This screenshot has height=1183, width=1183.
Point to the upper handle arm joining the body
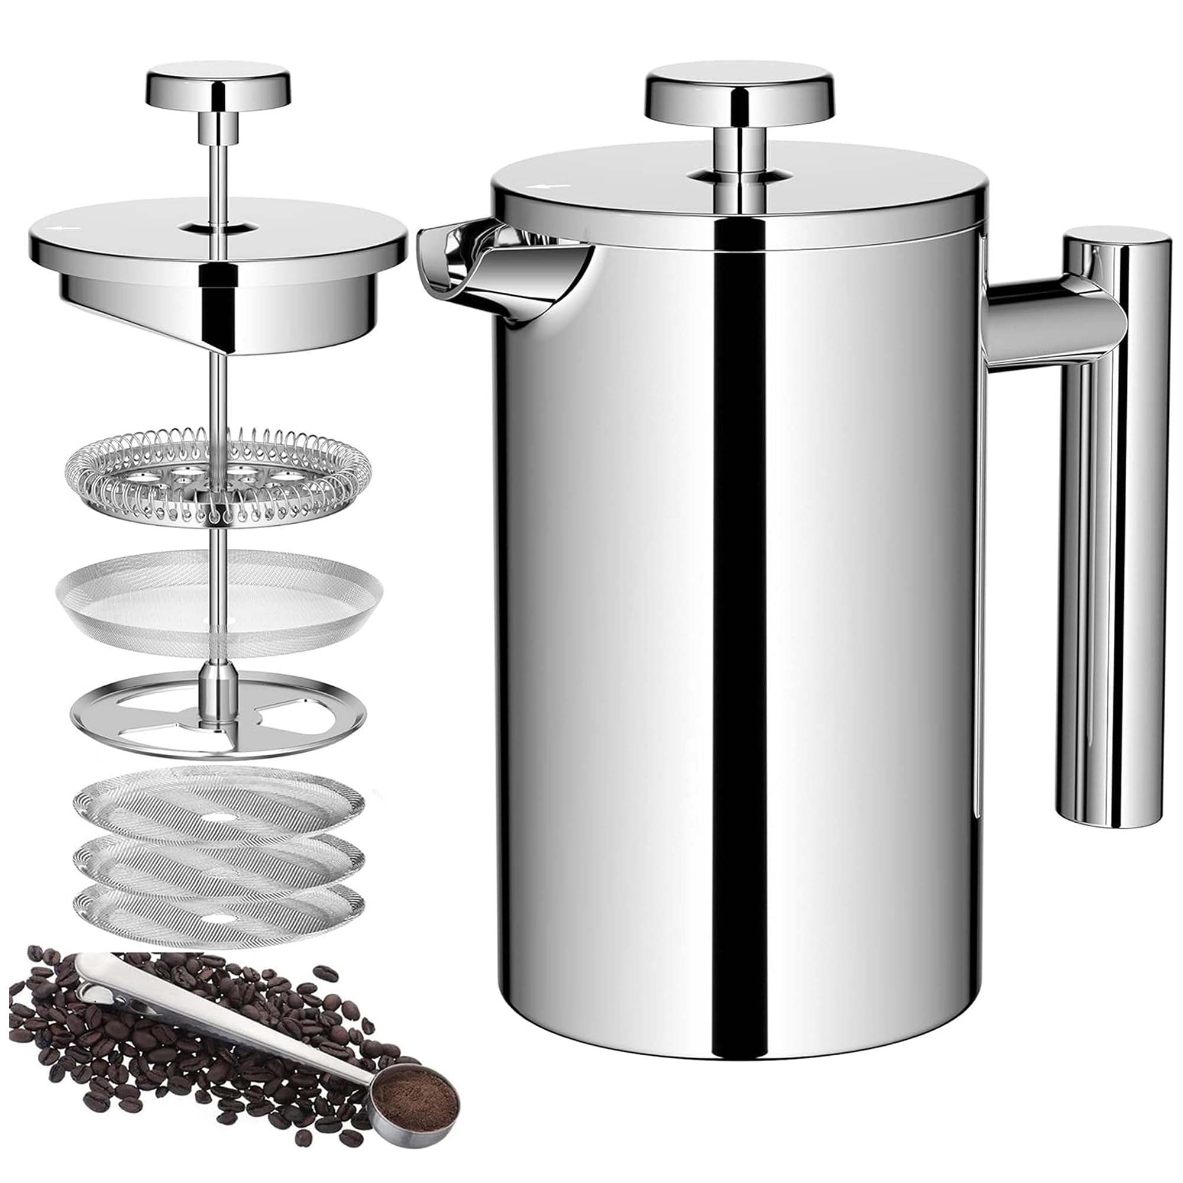coord(1041,331)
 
